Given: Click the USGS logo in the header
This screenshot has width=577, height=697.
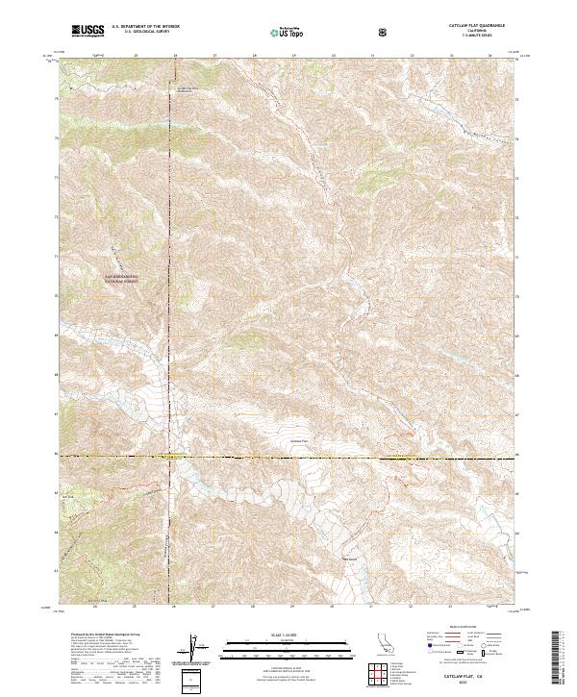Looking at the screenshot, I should point(88,31).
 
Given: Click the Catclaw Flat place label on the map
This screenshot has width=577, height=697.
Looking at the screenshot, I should point(300,441).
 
